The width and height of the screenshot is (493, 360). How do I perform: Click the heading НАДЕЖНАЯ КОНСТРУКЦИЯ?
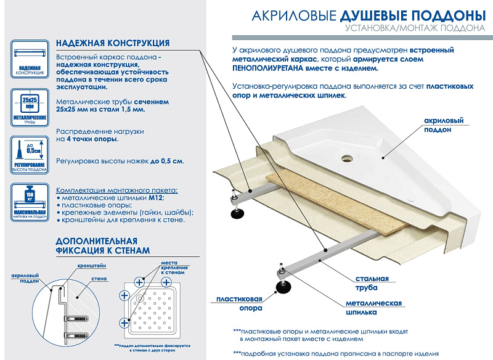click(x=113, y=43)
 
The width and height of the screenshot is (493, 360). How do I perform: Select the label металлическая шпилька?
click(x=373, y=308)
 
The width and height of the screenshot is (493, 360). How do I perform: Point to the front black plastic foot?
click(x=284, y=286)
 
